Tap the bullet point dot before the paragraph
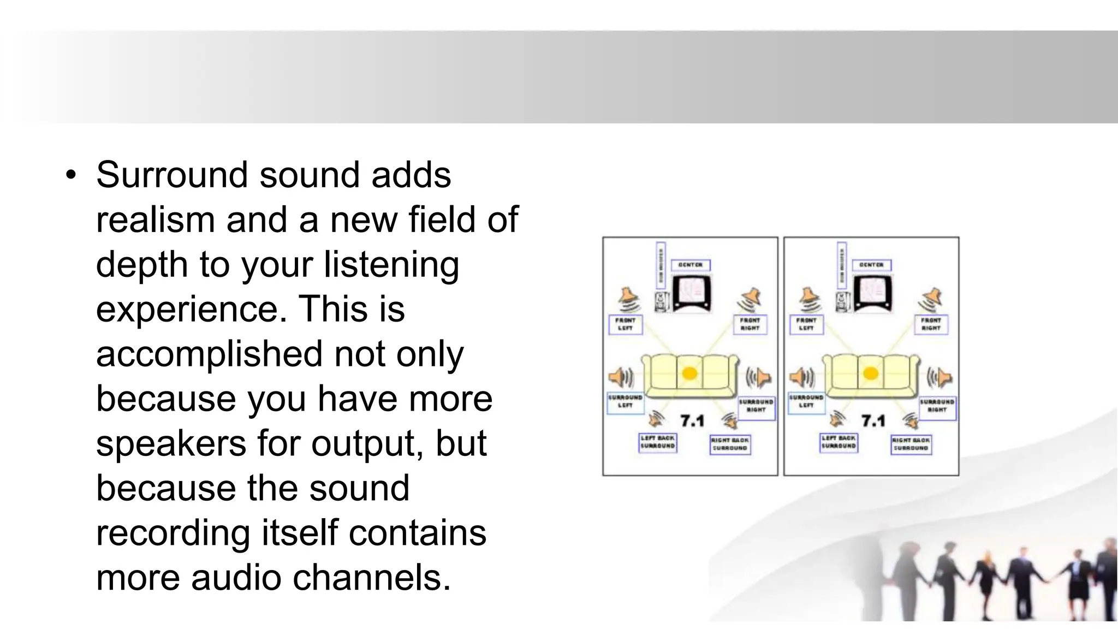click(70, 176)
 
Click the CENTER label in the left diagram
click(691, 265)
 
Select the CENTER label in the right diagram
click(871, 265)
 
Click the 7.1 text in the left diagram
click(692, 421)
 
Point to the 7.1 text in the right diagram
click(873, 421)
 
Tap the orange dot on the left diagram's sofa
click(690, 373)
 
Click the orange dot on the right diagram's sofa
click(871, 373)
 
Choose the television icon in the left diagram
click(692, 293)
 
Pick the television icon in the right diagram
click(872, 293)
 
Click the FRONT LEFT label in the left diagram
click(626, 324)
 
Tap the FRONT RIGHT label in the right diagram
click(931, 324)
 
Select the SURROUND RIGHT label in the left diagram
click(756, 406)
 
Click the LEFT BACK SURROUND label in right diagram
click(839, 442)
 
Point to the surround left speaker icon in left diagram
click(621, 377)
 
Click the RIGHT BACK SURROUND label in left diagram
click(730, 444)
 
